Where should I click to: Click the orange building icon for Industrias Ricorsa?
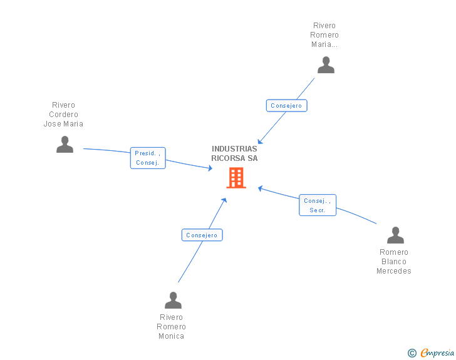click(x=236, y=178)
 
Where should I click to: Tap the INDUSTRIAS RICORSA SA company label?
click(x=234, y=153)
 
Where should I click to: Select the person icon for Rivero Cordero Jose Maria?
click(x=65, y=145)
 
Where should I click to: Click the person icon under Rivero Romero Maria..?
click(x=326, y=65)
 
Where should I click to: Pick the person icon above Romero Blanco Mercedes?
click(x=395, y=235)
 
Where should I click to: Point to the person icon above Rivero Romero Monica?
click(x=173, y=301)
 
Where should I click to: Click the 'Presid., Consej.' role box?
click(x=148, y=158)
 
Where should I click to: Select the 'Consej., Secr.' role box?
click(x=317, y=205)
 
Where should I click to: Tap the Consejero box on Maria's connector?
click(x=286, y=106)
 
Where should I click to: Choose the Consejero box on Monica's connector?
click(x=202, y=235)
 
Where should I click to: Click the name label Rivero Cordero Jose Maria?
click(x=63, y=115)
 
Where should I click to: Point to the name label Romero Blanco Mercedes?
click(x=393, y=262)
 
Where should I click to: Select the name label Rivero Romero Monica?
click(x=172, y=327)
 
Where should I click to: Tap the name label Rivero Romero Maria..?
click(x=324, y=35)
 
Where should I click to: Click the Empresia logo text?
click(x=437, y=353)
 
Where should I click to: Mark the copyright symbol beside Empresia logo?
click(x=412, y=354)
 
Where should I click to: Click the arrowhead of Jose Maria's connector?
click(x=210, y=168)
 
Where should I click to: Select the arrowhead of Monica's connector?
click(x=225, y=200)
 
